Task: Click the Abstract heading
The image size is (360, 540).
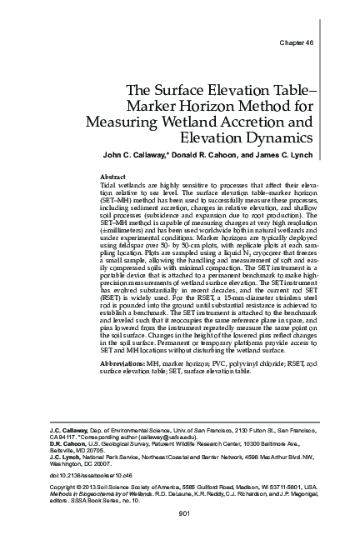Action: point(112,178)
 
